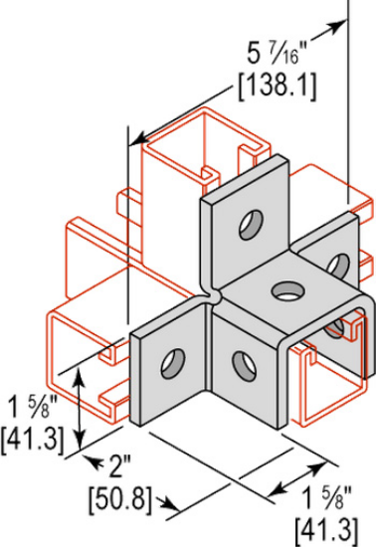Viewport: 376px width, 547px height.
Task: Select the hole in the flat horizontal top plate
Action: coord(287,292)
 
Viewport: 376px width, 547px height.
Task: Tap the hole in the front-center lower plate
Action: coord(240,362)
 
